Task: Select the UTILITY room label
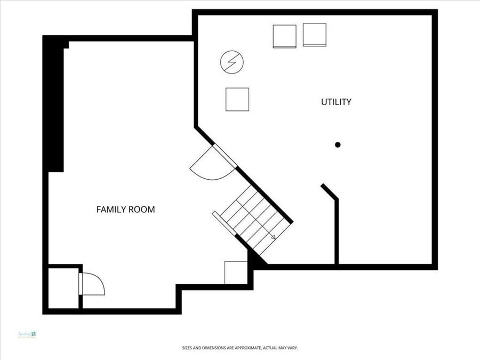pos(336,102)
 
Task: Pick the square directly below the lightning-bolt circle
pos(237,99)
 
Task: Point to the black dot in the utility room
pos(338,145)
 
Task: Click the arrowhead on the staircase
pos(273,237)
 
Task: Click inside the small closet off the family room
pos(63,287)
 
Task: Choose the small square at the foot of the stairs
pos(235,273)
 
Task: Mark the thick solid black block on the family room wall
pos(55,107)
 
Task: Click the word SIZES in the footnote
pos(187,348)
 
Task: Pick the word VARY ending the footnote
pos(292,348)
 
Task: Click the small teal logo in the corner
pos(27,335)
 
